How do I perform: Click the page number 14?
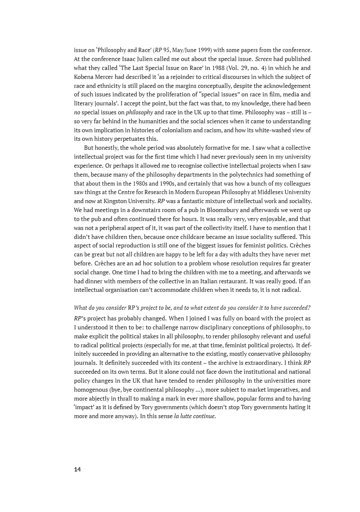pyautogui.click(x=77, y=469)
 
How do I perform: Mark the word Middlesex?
pyautogui.click(x=266, y=192)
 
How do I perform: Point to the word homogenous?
pyautogui.click(x=93, y=390)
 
